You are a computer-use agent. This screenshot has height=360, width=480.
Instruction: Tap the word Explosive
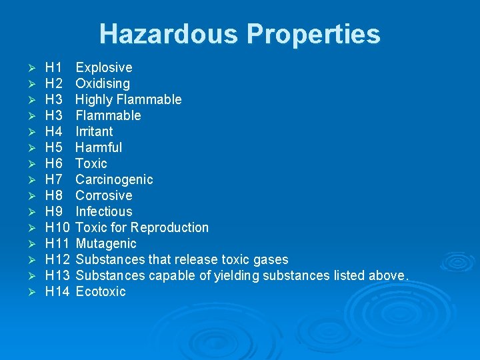104,67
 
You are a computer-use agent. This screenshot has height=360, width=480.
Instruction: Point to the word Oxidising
103,83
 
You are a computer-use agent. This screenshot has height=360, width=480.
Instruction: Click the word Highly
94,99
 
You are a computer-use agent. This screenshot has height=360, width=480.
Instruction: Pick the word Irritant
94,131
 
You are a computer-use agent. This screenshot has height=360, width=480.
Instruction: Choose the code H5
53,147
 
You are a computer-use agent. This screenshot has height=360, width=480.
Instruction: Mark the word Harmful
99,147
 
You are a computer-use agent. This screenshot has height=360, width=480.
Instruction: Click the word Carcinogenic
114,179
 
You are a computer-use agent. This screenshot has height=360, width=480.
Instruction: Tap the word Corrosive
104,195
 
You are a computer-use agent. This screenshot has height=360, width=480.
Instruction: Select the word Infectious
104,211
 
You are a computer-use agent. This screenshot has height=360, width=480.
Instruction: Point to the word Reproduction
170,227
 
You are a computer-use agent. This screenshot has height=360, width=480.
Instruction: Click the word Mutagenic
106,243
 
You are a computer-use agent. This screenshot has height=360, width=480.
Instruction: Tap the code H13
57,275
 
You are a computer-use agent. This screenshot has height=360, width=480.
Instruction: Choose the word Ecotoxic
101,291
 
